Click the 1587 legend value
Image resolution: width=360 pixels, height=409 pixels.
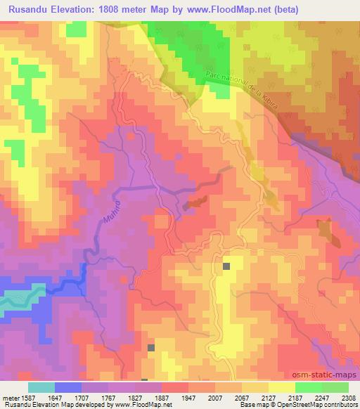tap(29, 397)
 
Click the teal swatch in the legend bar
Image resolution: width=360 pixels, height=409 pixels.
tap(41, 387)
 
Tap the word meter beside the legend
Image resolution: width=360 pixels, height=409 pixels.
tap(11, 397)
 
